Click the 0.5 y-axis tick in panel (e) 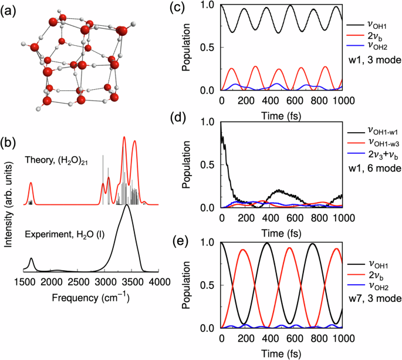(208, 285)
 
